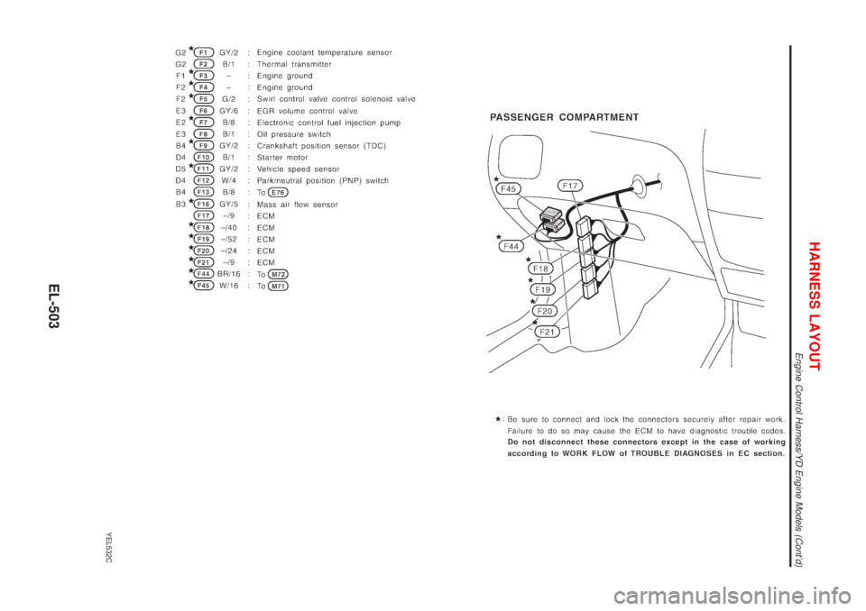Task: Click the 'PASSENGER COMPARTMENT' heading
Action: pos(565,118)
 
